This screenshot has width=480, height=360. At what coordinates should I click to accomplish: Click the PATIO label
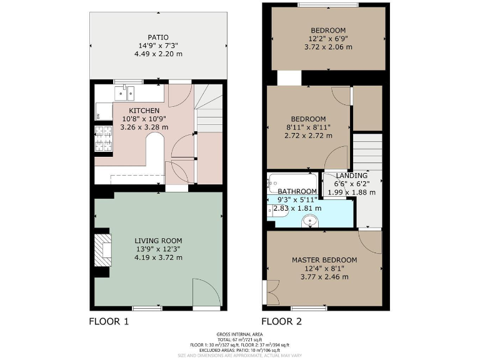pos(158,37)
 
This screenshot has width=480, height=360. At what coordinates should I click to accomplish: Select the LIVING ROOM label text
pos(158,240)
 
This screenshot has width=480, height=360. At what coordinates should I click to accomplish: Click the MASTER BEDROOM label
pos(324,260)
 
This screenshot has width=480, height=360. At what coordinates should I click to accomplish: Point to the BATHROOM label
pos(297,191)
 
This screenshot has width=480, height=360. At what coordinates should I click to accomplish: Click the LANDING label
pos(347,176)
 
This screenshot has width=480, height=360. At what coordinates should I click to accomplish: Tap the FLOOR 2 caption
pos(281,322)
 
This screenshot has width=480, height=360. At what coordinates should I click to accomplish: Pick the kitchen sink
pos(124,94)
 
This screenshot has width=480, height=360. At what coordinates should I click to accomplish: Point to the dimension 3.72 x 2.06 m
pos(328,47)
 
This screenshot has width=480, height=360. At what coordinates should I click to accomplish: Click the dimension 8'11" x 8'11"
pos(307,127)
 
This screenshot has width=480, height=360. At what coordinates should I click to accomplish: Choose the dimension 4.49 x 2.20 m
pos(158,54)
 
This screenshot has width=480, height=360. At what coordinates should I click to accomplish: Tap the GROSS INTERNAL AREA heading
pos(240,334)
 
